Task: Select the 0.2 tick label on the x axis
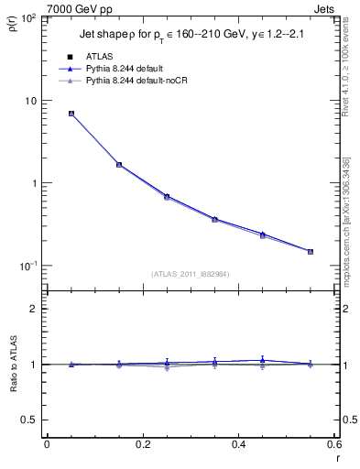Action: (x=142, y=443)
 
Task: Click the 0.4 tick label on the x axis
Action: (x=237, y=443)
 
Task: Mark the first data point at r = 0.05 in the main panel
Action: (x=71, y=114)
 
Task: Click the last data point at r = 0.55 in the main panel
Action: (x=310, y=251)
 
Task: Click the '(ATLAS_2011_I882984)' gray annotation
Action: (x=190, y=273)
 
